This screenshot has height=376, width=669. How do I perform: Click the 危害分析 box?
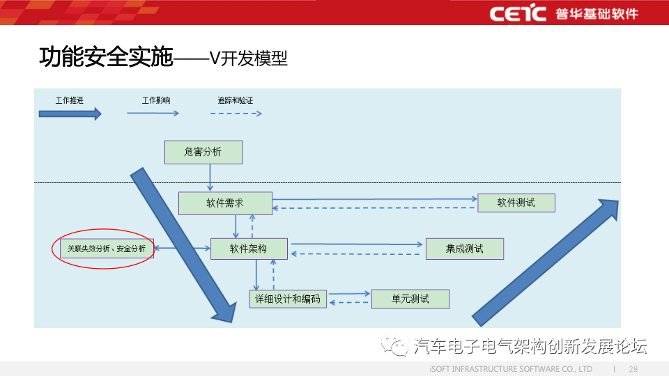tap(203, 152)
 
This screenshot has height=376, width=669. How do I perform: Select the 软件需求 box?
tap(225, 203)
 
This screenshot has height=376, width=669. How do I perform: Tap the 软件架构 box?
tap(249, 249)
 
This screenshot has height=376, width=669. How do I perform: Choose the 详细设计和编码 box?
tap(288, 299)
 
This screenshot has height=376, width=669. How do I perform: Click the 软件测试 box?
tap(516, 203)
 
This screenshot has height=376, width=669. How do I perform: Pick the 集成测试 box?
tap(464, 249)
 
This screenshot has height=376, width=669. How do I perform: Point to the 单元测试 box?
tap(410, 299)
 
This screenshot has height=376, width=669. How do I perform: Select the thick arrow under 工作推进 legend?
tap(70, 113)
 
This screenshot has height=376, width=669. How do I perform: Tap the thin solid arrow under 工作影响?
tap(153, 113)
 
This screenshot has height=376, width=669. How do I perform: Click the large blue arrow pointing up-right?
tap(547, 261)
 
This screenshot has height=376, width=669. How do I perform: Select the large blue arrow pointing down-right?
tap(184, 244)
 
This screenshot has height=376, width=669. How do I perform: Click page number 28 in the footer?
tap(633, 369)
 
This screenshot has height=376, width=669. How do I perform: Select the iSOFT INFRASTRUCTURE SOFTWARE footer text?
tap(510, 369)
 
